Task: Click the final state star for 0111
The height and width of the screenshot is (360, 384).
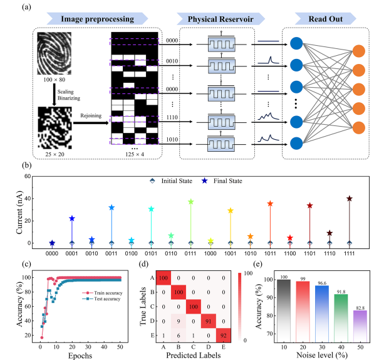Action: [x=190, y=202]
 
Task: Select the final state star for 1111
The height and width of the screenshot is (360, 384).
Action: [x=350, y=199]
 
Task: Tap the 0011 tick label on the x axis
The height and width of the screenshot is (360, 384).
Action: [x=112, y=254]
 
